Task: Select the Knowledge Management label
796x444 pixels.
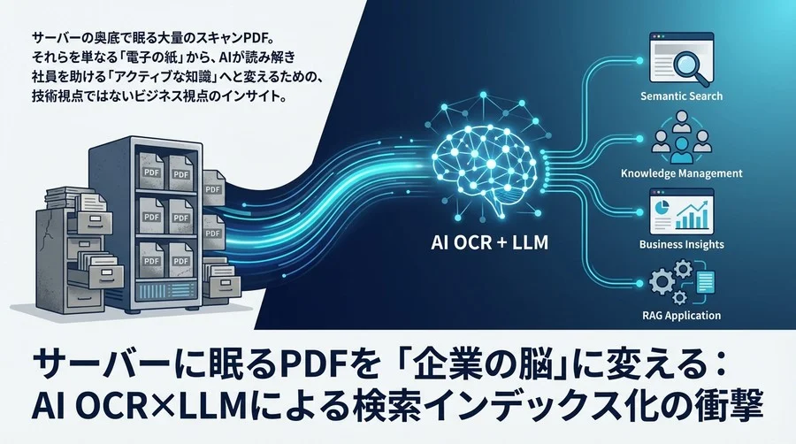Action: tap(683, 173)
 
